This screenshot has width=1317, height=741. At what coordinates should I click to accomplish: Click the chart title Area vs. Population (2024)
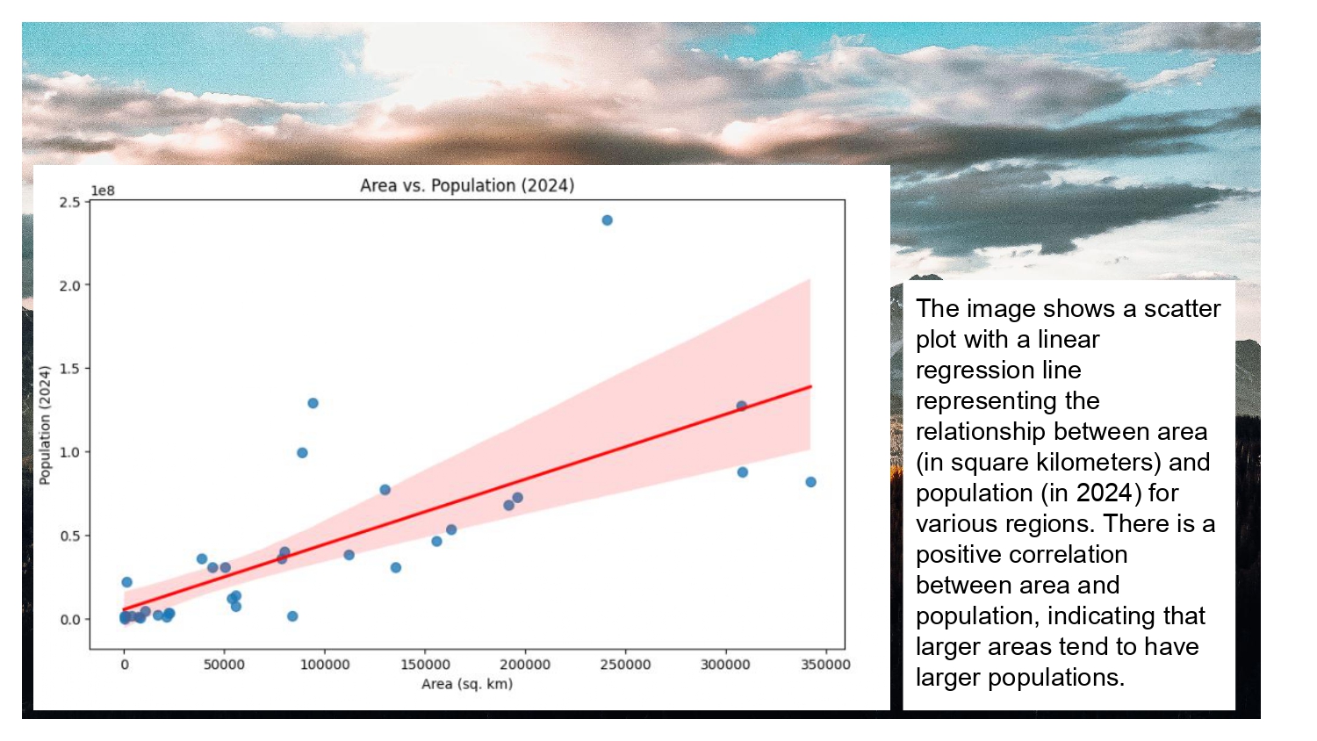coord(467,185)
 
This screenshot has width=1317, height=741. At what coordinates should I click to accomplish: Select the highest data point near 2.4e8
coord(607,220)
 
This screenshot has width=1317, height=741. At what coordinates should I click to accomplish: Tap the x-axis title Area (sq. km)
coord(467,684)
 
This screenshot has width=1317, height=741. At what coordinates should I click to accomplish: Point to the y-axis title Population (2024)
coord(45,425)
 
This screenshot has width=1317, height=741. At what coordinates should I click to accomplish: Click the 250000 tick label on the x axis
coord(625,665)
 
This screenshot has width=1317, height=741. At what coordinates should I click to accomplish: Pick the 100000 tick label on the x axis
coord(325,665)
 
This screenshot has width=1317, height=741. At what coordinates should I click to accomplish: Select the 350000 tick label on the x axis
coord(825,665)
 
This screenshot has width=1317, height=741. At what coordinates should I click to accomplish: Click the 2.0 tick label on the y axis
coord(69,285)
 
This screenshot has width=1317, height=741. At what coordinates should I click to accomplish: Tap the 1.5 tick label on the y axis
coord(69,369)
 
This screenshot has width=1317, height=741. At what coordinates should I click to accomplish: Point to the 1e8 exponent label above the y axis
coord(103,191)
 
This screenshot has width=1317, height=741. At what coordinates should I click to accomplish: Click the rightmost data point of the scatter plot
coord(810,482)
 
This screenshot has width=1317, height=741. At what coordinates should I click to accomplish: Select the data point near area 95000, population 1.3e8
coord(313,403)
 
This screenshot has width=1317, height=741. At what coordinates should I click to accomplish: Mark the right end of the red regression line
coord(810,386)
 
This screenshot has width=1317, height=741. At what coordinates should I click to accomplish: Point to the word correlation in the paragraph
coord(1021,555)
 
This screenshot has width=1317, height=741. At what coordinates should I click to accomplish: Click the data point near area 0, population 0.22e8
coord(126,582)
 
